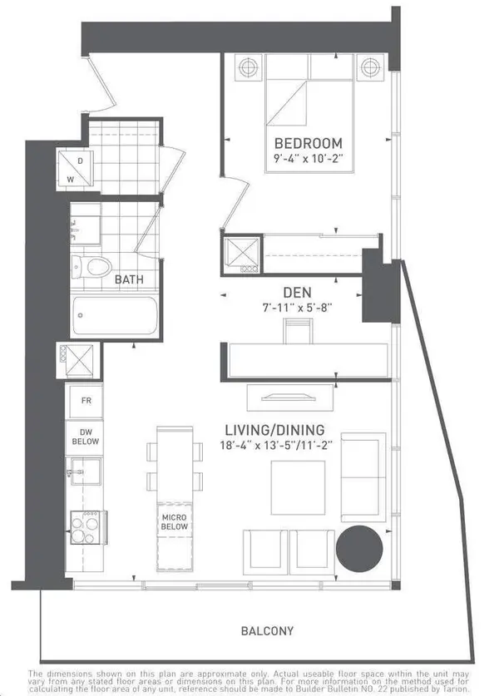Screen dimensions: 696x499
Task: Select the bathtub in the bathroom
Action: tap(115, 317)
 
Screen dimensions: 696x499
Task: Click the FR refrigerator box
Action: tap(86, 400)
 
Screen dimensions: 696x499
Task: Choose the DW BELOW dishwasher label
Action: tap(86, 437)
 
